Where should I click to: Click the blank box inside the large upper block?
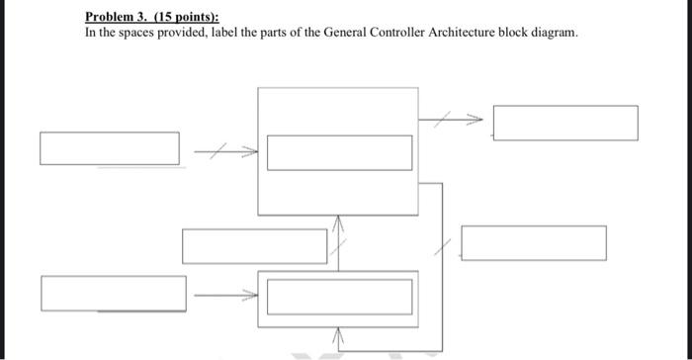[339, 152]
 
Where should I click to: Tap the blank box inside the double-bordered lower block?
[339, 297]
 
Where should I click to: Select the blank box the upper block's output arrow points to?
[565, 123]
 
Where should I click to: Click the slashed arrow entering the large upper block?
[225, 151]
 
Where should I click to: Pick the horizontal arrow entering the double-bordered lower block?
[225, 294]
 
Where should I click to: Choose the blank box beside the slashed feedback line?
[534, 243]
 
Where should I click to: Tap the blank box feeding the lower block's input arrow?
[113, 293]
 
